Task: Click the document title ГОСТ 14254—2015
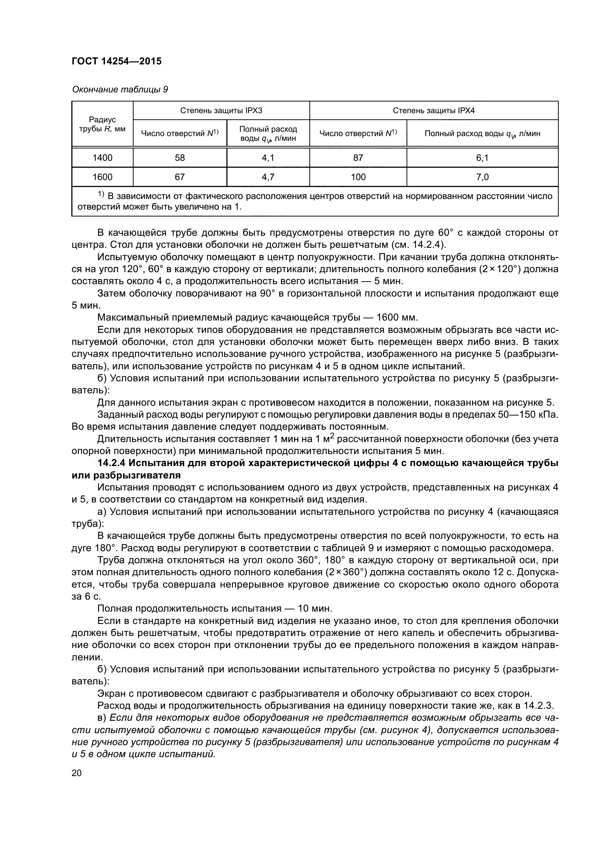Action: click(116, 61)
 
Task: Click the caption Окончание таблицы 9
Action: click(120, 90)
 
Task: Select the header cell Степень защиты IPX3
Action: click(221, 111)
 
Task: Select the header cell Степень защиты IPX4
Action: click(433, 111)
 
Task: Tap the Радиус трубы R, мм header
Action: click(102, 124)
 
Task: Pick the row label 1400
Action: click(102, 158)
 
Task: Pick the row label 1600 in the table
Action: click(102, 177)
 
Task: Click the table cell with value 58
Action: click(179, 158)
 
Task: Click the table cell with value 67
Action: click(179, 177)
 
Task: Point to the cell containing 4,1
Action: click(268, 158)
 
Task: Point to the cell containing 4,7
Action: click(268, 177)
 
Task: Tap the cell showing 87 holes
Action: click(358, 158)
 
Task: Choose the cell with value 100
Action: click(358, 177)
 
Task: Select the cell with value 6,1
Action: click(482, 158)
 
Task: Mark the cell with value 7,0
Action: click(482, 177)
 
